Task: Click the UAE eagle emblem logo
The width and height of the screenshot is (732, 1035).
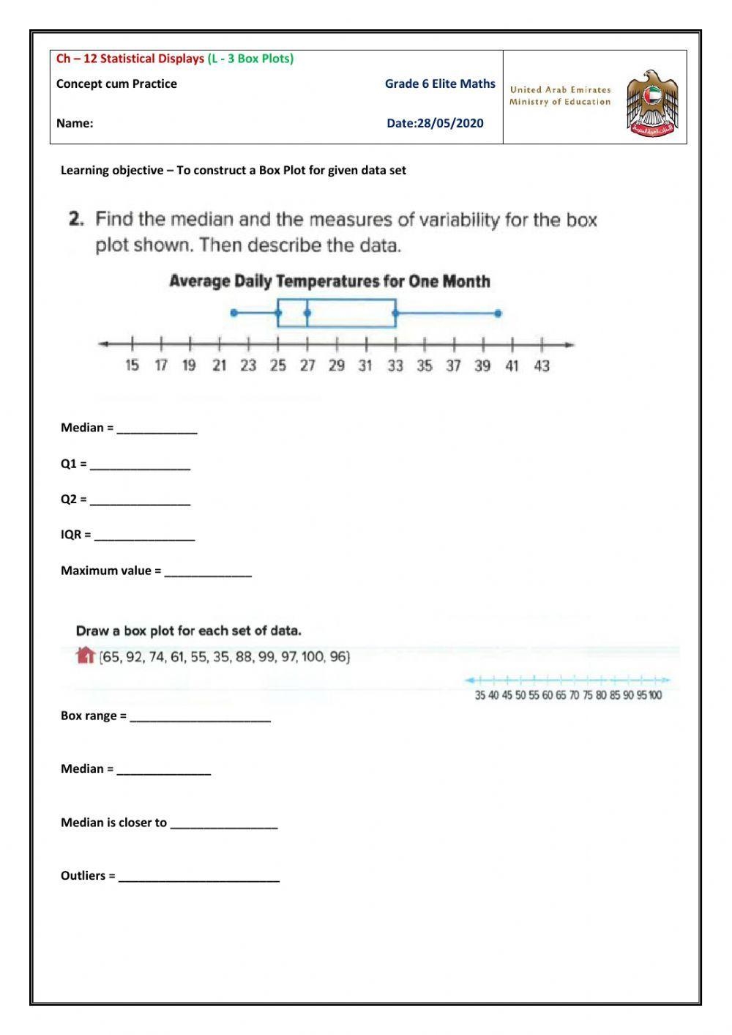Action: (x=652, y=103)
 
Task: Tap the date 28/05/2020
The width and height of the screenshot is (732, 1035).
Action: (x=450, y=123)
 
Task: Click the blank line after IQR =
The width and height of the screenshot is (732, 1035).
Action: (x=144, y=536)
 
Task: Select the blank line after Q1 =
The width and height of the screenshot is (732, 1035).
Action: (x=140, y=465)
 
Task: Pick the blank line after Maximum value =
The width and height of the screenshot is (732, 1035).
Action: (x=208, y=572)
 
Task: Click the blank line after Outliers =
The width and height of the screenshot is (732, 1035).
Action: (x=199, y=877)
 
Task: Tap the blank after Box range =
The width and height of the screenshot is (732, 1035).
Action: (x=200, y=717)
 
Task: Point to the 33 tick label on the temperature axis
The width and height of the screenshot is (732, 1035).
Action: (x=395, y=366)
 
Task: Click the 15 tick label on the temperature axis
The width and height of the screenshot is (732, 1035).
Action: (x=132, y=366)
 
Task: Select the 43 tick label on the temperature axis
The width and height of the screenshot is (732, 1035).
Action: (x=542, y=366)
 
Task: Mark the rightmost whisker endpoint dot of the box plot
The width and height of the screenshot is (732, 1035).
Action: (x=498, y=314)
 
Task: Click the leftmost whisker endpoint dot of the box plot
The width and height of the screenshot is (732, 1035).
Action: (x=234, y=313)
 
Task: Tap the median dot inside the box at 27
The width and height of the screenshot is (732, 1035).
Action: (x=307, y=314)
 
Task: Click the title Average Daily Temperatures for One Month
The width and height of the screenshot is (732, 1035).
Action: (x=329, y=281)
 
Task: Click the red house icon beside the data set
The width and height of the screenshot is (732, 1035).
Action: (x=86, y=655)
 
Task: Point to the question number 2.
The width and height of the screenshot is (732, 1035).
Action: (x=76, y=219)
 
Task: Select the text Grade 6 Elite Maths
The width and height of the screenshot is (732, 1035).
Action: (x=440, y=84)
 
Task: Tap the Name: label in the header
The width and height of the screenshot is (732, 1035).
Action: (x=75, y=123)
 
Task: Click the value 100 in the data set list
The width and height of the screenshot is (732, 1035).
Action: (x=313, y=657)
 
